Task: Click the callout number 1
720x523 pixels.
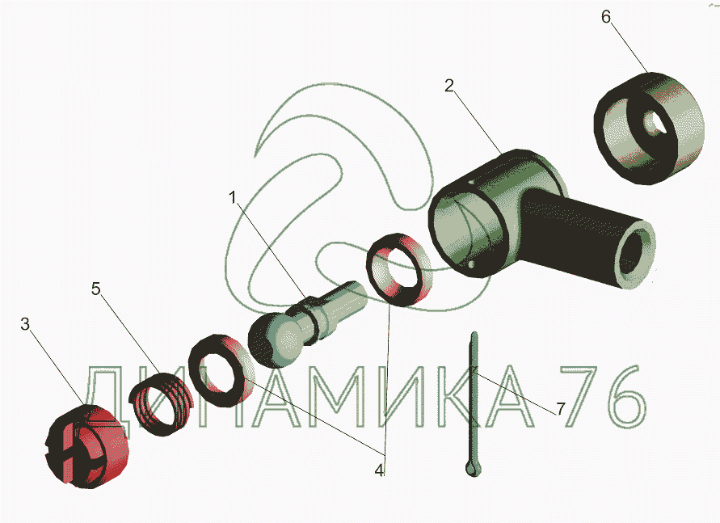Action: point(233,198)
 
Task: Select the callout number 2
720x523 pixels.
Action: point(449,86)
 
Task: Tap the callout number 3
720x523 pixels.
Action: point(25,324)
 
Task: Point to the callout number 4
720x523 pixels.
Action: point(379,470)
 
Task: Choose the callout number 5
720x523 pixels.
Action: point(96,289)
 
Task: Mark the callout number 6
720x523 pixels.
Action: point(606,17)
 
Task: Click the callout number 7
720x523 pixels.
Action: point(560,408)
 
